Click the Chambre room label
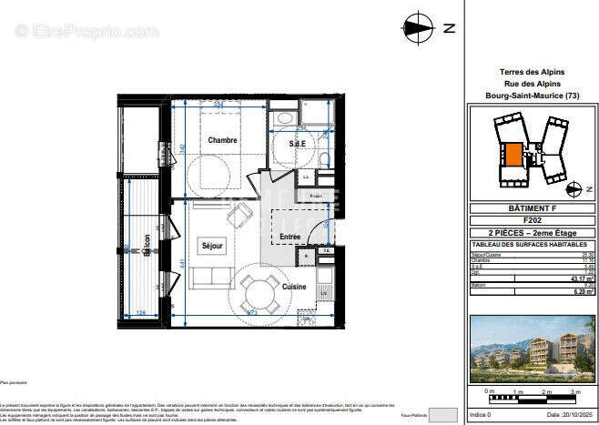pyautogui.click(x=222, y=140)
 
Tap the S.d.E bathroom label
pyautogui.click(x=296, y=143)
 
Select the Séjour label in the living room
pyautogui.click(x=212, y=245)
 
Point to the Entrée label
pyautogui.click(x=289, y=237)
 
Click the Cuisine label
pyautogui.click(x=293, y=287)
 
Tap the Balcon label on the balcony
pyautogui.click(x=145, y=248)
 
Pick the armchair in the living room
pyautogui.click(x=241, y=216)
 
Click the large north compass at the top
pyautogui.click(x=417, y=26)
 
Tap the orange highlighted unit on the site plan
pyautogui.click(x=514, y=155)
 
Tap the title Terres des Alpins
pyautogui.click(x=533, y=72)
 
